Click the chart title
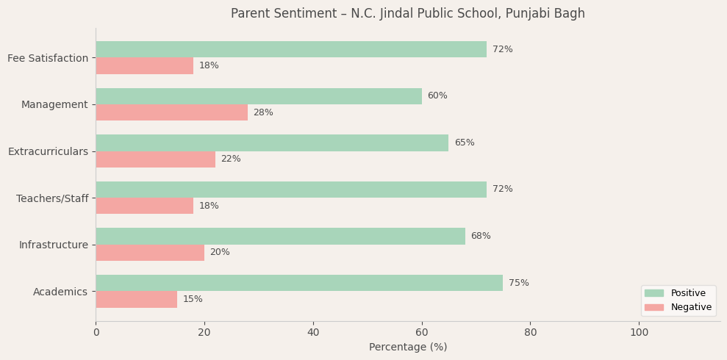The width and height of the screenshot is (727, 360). (407, 14)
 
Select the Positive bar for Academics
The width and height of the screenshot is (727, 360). (299, 283)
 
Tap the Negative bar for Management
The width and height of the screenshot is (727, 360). (171, 112)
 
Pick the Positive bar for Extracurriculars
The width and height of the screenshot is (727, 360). (272, 143)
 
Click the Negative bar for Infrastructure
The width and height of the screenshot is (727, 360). (150, 253)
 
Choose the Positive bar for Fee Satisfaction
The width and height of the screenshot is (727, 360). (291, 49)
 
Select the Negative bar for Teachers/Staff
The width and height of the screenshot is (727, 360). (144, 206)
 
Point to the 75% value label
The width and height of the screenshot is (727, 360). (518, 283)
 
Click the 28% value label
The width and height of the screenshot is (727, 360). (263, 112)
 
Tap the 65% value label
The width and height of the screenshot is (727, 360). (464, 143)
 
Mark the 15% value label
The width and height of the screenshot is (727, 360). (193, 299)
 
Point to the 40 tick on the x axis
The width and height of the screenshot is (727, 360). (313, 332)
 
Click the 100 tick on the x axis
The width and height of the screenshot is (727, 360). (639, 332)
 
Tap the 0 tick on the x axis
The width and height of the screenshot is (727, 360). (96, 332)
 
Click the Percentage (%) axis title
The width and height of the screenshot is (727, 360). (407, 347)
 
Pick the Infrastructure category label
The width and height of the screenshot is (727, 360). (53, 245)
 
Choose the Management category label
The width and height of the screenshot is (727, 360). (54, 104)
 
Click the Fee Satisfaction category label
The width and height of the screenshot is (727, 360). (48, 58)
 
